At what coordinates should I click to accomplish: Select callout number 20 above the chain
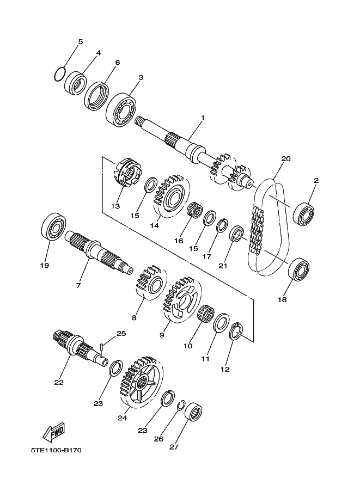pos(286,158)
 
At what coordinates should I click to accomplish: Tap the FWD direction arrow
pos(54,432)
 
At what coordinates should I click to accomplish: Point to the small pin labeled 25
pos(101,347)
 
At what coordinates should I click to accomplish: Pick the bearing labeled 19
pos(54,226)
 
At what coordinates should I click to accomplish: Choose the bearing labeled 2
pos(303,214)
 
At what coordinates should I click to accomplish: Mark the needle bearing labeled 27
pos(193,412)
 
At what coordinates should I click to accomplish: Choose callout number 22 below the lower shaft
pos(59,383)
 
